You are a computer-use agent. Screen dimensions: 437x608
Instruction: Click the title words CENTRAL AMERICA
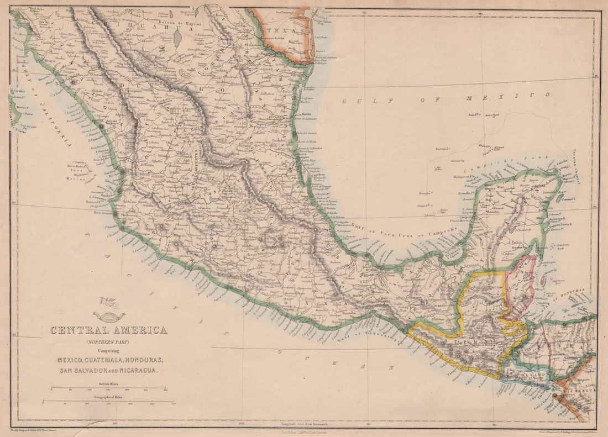pyautogui.click(x=108, y=330)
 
